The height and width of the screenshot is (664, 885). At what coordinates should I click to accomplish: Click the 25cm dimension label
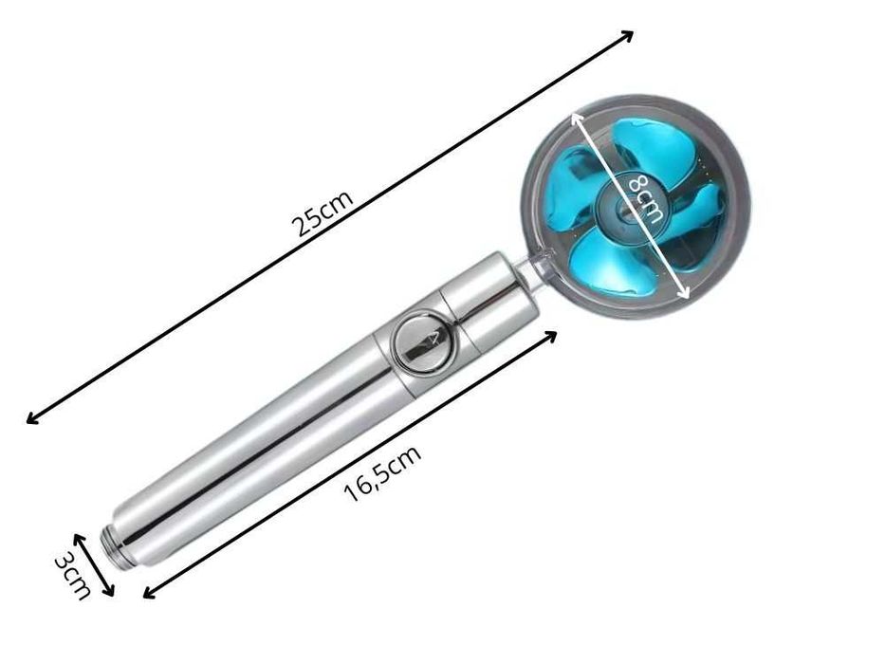[x=323, y=213]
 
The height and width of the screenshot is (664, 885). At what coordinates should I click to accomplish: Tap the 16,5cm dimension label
[x=381, y=473]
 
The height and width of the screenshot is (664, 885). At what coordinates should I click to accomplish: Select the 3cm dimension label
[x=72, y=577]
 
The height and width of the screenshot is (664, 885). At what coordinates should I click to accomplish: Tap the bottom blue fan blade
[x=609, y=265]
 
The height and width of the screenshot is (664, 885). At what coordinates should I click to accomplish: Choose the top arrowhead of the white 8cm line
[x=574, y=115]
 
